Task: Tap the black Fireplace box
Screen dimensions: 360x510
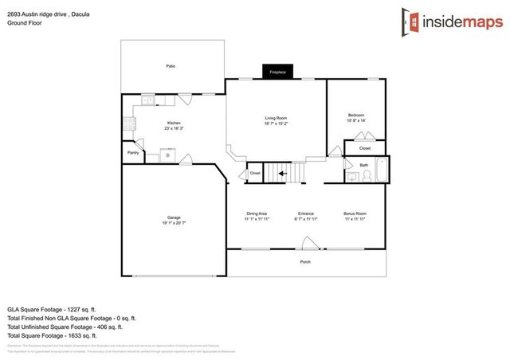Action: tap(277, 72)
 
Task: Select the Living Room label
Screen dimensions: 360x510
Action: tap(276, 119)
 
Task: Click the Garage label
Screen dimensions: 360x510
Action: tap(174, 217)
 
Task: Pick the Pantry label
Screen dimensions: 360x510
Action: tap(133, 152)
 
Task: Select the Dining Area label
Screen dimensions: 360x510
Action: tap(257, 213)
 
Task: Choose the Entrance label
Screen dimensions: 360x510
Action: tap(305, 213)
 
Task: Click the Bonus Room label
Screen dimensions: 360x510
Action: tap(355, 213)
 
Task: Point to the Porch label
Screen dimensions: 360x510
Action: tap(305, 262)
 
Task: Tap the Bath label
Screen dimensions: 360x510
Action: tap(363, 165)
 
